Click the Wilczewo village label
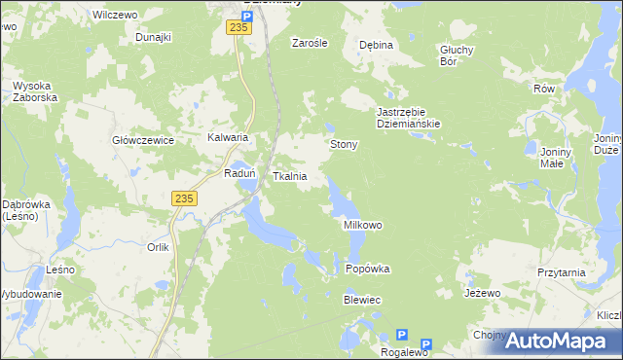click(111, 16)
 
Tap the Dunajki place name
click(154, 37)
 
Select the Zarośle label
click(310, 44)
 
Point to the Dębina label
click(376, 46)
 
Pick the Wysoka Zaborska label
click(36, 92)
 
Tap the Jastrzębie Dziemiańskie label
click(409, 118)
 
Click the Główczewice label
click(143, 141)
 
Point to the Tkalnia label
click(290, 177)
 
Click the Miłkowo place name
click(363, 225)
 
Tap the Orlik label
click(159, 247)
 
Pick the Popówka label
click(368, 270)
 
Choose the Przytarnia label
click(561, 273)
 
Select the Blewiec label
click(361, 301)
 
